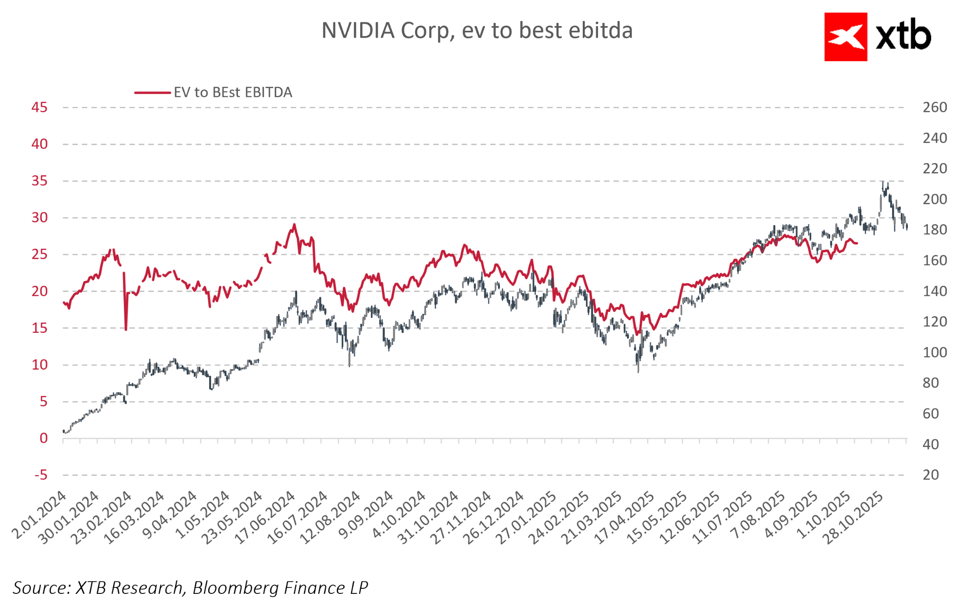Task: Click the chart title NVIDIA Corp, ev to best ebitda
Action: [x=477, y=31]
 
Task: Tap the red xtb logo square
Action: [x=845, y=37]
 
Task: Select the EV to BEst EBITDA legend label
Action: [x=233, y=92]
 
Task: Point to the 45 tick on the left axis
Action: [x=40, y=107]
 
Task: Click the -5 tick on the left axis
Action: [x=41, y=475]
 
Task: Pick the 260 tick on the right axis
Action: [x=934, y=107]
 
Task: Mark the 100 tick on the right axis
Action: [x=934, y=352]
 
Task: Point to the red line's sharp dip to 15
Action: [x=126, y=329]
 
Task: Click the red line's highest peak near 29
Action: [x=294, y=225]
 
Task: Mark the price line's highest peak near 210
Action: [x=883, y=183]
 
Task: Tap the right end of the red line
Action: [x=857, y=243]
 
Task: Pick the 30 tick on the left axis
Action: [x=40, y=218]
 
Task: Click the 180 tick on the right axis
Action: [x=934, y=230]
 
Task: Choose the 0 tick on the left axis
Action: [x=43, y=438]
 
